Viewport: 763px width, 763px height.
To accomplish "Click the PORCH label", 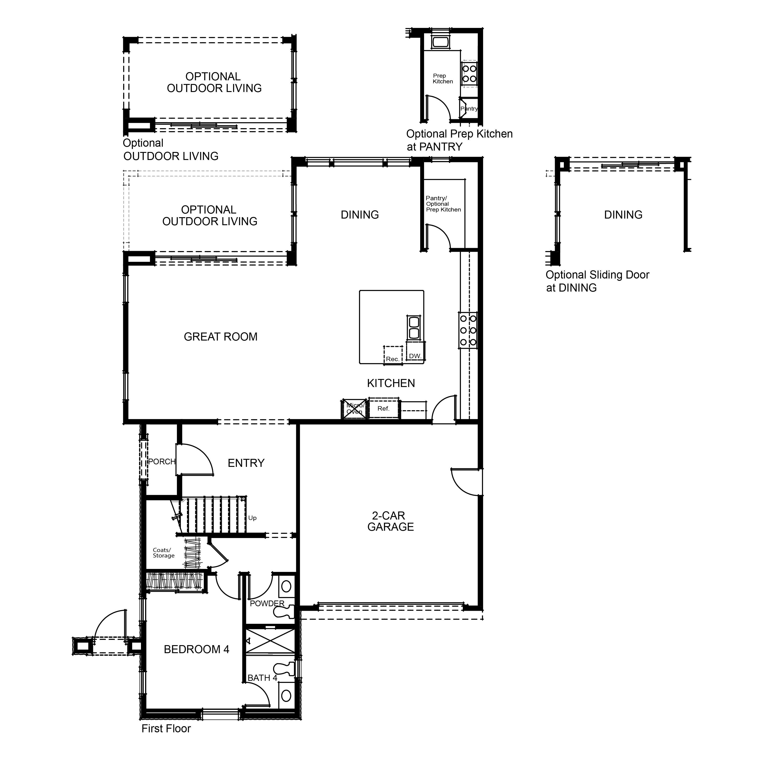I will [162, 462].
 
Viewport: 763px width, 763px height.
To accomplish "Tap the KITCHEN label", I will [391, 384].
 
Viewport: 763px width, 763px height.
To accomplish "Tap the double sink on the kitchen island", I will [414, 328].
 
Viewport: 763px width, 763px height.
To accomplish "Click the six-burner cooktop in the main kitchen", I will [468, 330].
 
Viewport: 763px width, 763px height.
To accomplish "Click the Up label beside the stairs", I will [252, 518].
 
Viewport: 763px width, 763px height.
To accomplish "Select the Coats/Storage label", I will [163, 553].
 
